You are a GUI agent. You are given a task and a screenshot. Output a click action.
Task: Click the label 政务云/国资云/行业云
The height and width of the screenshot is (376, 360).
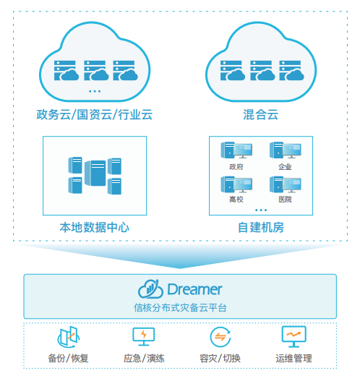pyautogui.click(x=94, y=114)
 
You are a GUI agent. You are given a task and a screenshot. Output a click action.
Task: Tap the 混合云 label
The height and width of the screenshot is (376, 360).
pyautogui.click(x=260, y=114)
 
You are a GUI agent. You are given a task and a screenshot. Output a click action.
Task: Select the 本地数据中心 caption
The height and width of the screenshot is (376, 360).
pyautogui.click(x=95, y=227)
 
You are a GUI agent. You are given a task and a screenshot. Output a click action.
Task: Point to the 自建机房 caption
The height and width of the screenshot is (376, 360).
pyautogui.click(x=261, y=227)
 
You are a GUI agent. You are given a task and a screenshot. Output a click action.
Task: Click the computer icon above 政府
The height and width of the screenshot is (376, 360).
pyautogui.click(x=236, y=150)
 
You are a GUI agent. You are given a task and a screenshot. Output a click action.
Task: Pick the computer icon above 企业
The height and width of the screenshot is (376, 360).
pyautogui.click(x=286, y=150)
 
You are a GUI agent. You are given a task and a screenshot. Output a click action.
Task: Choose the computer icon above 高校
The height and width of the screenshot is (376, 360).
pyautogui.click(x=236, y=184)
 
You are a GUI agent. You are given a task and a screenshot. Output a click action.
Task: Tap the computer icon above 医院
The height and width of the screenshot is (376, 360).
pyautogui.click(x=286, y=184)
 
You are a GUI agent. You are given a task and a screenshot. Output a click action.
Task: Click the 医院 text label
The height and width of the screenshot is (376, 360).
pyautogui.click(x=285, y=200)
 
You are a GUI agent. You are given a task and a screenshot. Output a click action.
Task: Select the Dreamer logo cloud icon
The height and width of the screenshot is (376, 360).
pyautogui.click(x=150, y=289)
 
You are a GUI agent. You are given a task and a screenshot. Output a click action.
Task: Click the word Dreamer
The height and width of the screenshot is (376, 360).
pyautogui.click(x=194, y=289)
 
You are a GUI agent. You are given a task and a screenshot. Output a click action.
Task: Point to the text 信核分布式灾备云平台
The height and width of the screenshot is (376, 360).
pyautogui.click(x=180, y=308)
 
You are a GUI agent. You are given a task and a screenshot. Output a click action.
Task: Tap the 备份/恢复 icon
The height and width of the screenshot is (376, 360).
pyautogui.click(x=69, y=337)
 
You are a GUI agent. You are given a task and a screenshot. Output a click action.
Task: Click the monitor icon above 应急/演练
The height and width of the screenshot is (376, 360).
pyautogui.click(x=144, y=336)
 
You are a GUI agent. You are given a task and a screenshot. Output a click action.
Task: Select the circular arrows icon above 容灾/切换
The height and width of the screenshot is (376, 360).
pyautogui.click(x=220, y=337)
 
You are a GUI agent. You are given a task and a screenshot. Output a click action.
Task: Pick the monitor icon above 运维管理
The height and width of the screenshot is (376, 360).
pyautogui.click(x=293, y=336)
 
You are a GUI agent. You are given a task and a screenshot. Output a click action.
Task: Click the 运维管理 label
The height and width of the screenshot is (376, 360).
pyautogui.click(x=293, y=358)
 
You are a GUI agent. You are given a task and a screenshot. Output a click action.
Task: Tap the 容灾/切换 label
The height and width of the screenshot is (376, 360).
pyautogui.click(x=220, y=358)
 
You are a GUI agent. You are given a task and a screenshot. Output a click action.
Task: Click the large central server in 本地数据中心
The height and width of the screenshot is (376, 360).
pyautogui.click(x=95, y=173)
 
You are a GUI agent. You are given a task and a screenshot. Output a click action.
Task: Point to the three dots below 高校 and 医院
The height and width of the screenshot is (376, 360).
pyautogui.click(x=261, y=210)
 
